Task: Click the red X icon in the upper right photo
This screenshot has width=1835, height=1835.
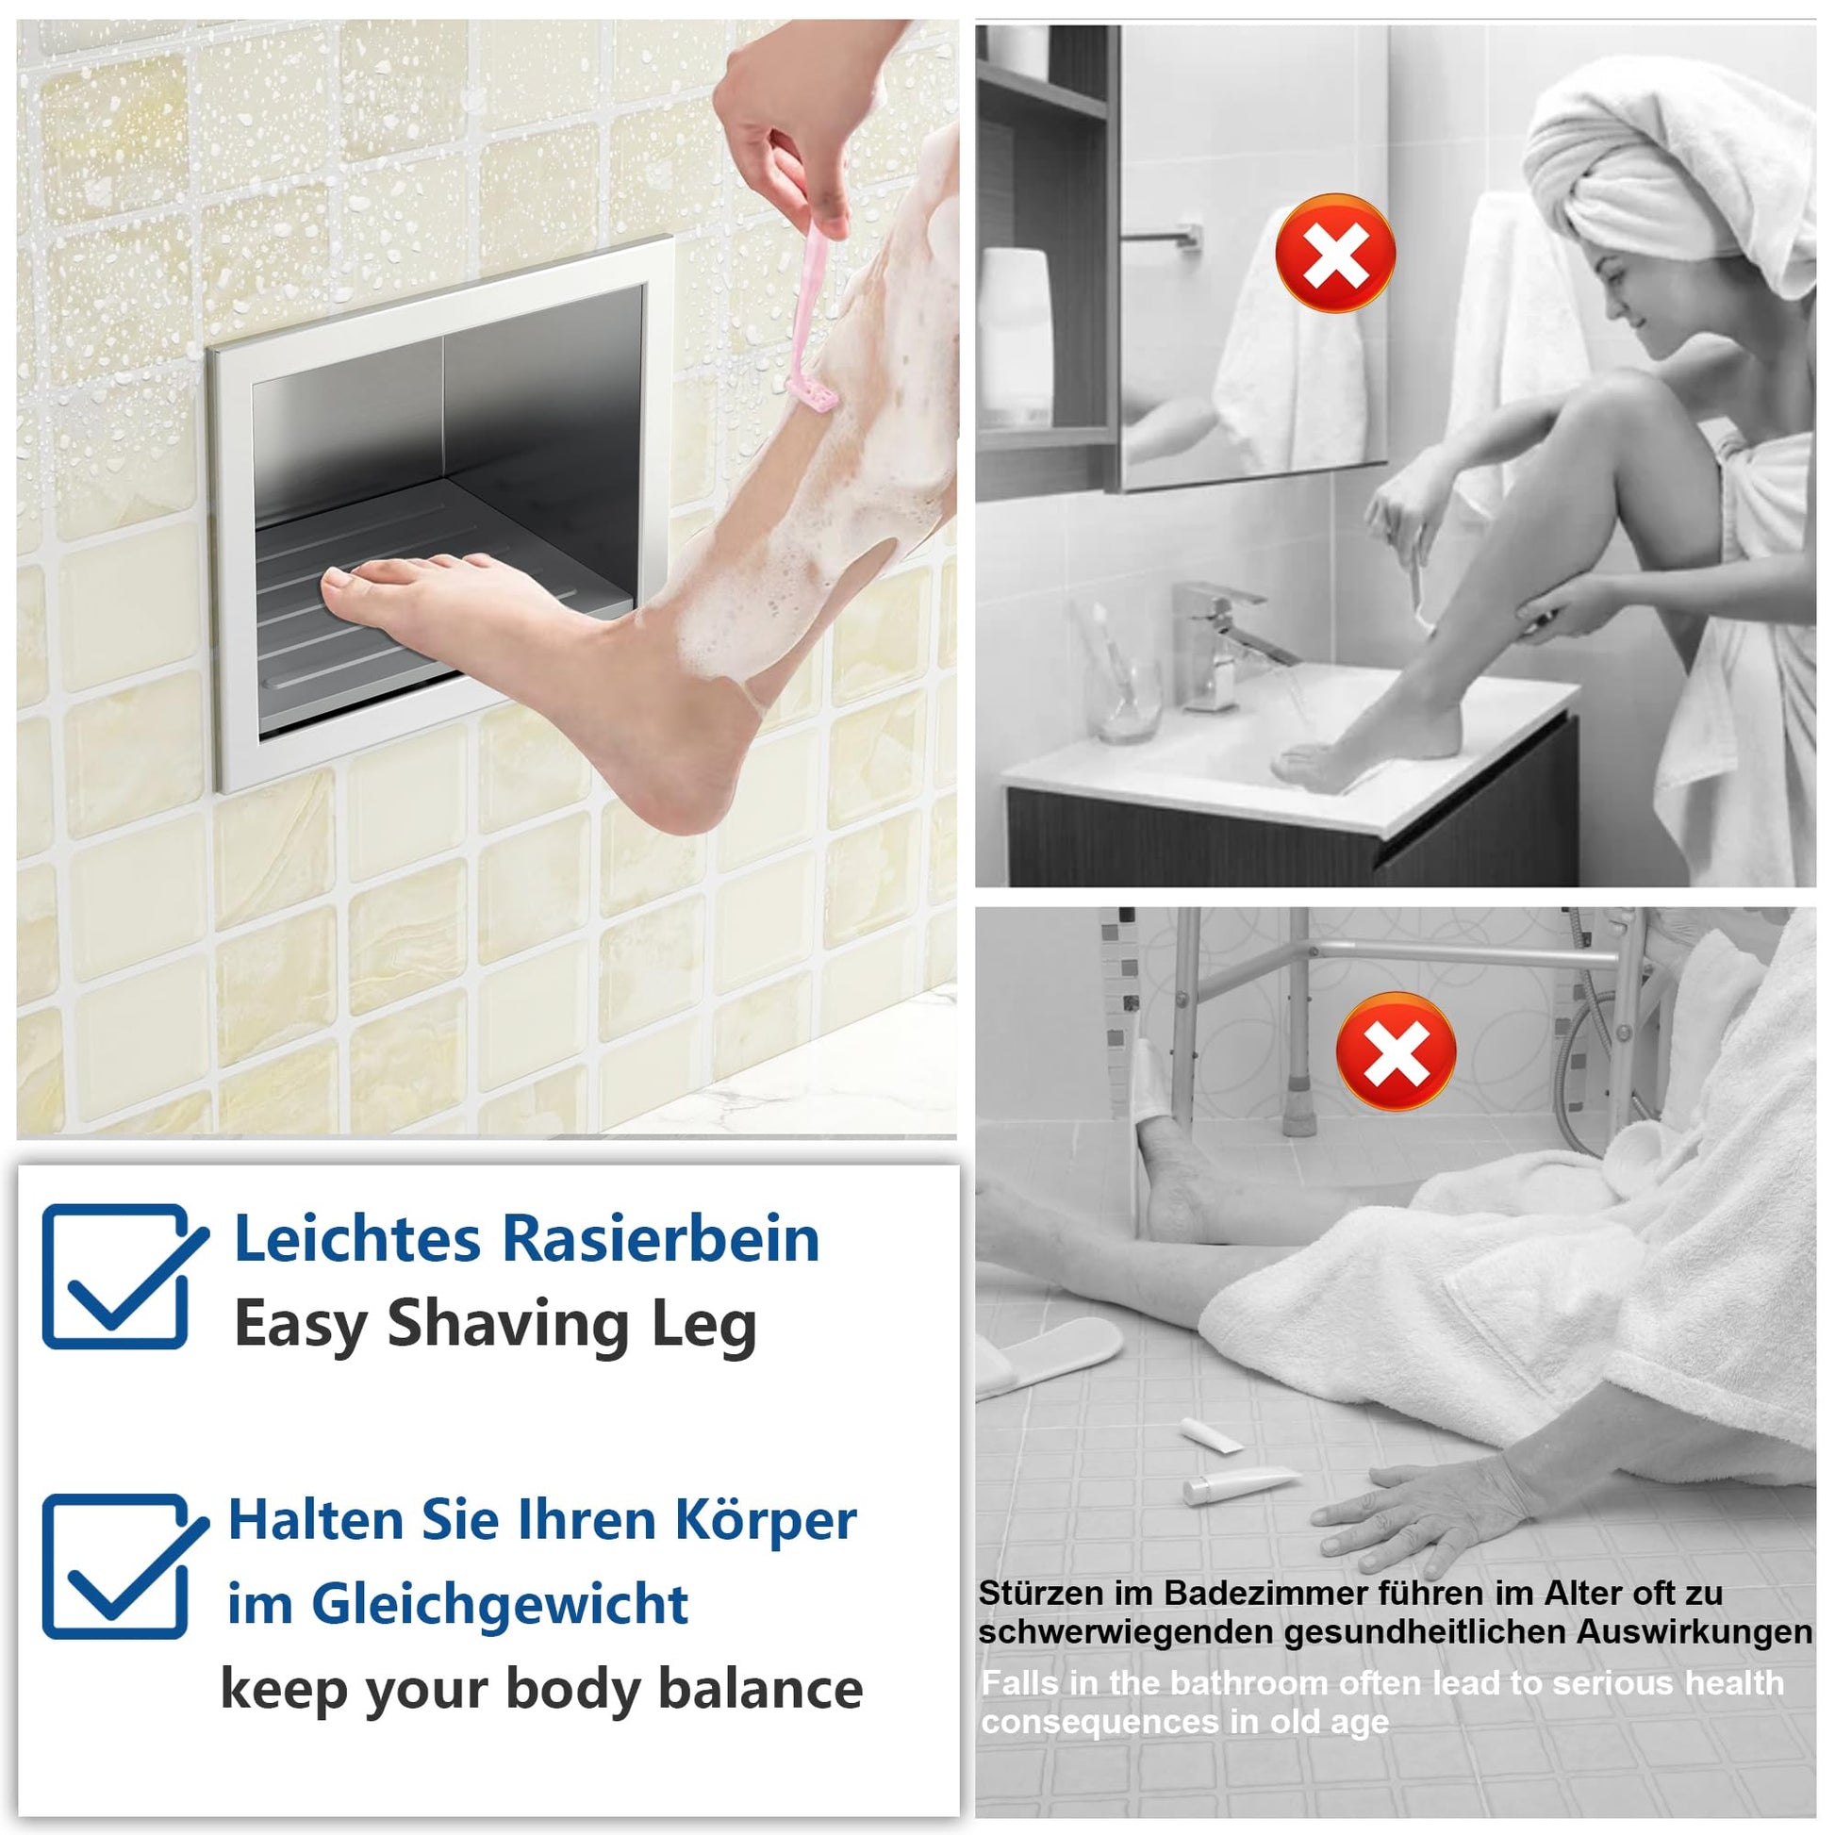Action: [x=1334, y=253]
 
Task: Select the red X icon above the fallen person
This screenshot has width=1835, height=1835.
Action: [x=1396, y=1050]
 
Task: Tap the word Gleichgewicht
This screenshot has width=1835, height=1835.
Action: [x=500, y=1607]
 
